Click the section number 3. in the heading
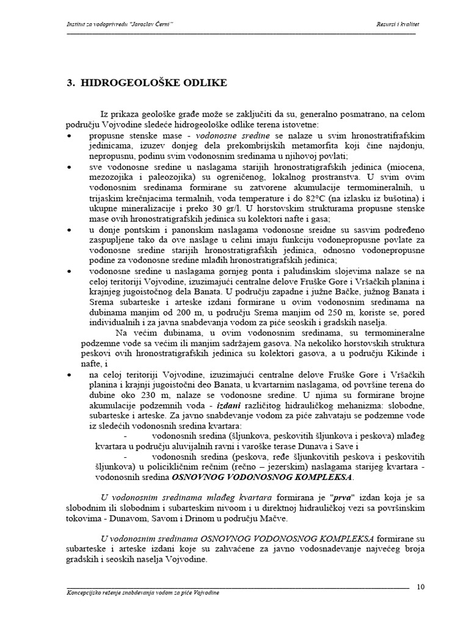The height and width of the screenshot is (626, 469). click(70, 83)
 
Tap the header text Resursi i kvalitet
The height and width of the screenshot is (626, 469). click(397, 24)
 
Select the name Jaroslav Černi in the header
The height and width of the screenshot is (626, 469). click(147, 24)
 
